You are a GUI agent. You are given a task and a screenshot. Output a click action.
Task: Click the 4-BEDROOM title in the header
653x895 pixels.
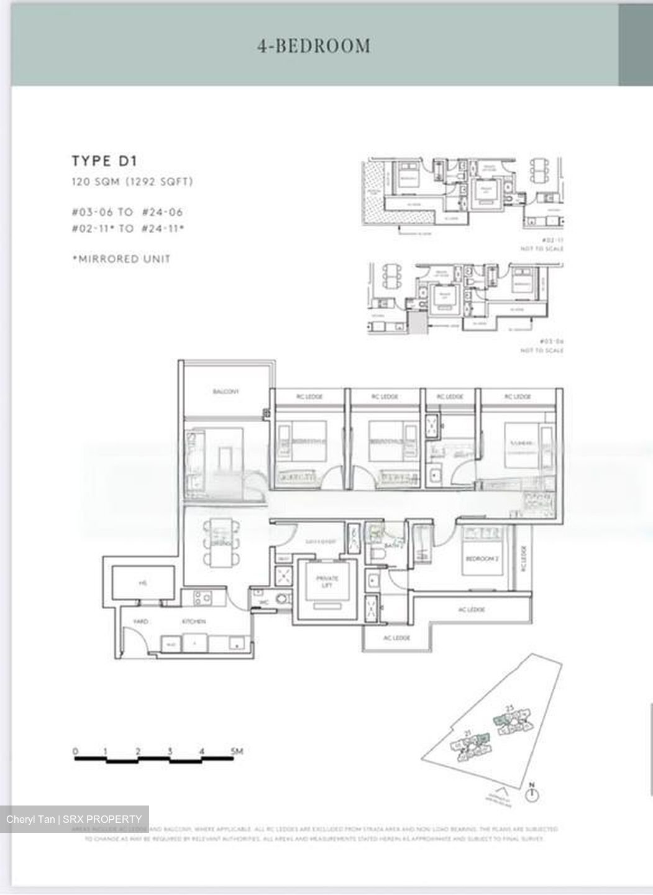click(314, 46)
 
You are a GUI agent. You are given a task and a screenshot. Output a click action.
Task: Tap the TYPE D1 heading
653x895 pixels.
click(104, 161)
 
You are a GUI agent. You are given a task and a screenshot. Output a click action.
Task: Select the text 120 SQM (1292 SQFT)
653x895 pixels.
click(132, 181)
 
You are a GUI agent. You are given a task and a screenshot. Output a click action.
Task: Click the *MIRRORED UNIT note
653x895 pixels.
click(121, 259)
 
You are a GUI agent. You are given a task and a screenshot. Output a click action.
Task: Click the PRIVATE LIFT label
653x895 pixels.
click(326, 581)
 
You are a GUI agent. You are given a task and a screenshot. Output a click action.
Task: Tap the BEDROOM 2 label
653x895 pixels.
click(482, 559)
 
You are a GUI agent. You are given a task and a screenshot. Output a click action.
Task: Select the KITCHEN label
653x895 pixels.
click(193, 621)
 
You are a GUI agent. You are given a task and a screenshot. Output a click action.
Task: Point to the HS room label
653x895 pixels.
click(142, 583)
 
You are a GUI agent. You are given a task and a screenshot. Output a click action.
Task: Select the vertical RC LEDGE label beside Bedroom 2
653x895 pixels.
click(523, 558)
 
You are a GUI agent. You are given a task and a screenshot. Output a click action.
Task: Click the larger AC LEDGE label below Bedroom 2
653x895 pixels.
click(471, 610)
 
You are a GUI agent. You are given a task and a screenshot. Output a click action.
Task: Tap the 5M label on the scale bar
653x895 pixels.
click(237, 751)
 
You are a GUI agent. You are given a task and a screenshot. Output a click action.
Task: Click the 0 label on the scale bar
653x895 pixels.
click(76, 751)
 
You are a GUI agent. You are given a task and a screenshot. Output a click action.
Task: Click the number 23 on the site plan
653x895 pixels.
click(509, 708)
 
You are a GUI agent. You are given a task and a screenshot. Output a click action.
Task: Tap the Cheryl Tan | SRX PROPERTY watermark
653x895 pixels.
click(74, 819)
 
